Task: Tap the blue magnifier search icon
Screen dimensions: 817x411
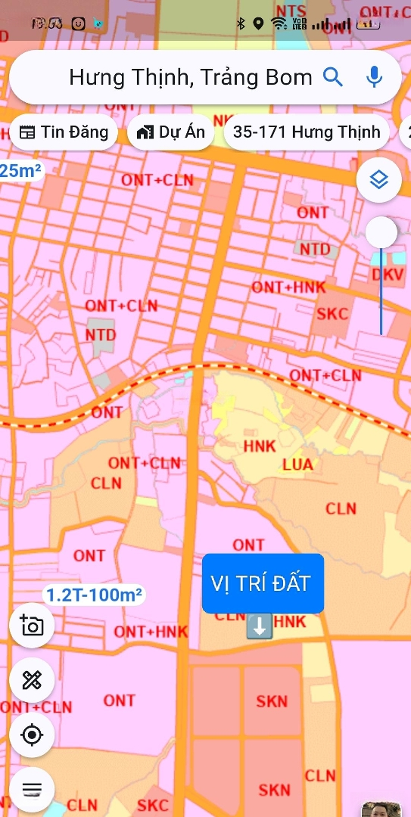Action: coord(333,77)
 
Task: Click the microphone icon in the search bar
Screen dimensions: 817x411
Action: coord(374,77)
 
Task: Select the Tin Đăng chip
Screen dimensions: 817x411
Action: coord(64,132)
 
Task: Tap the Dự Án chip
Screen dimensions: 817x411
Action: coord(171,132)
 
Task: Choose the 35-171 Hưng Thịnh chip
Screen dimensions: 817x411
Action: coord(307,132)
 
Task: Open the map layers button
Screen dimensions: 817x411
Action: coord(378,180)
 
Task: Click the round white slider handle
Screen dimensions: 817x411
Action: coord(381,232)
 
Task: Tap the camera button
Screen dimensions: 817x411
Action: coord(32,626)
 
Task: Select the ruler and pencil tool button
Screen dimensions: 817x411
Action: coord(32,680)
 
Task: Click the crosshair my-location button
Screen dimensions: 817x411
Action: coord(32,735)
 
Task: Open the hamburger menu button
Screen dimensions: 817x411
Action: coord(32,789)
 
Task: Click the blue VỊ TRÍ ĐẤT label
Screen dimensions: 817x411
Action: coord(262,583)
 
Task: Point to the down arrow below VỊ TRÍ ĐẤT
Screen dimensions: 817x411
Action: coord(259,626)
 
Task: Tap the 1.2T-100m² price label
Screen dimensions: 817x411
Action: coord(94,595)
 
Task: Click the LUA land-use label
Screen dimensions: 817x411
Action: coord(297,464)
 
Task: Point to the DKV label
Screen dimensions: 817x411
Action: coord(389,277)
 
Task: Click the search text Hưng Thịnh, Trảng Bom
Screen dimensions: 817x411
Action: coord(190,77)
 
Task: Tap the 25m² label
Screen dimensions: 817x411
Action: coord(20,171)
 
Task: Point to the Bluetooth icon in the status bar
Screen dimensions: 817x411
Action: coord(241,23)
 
